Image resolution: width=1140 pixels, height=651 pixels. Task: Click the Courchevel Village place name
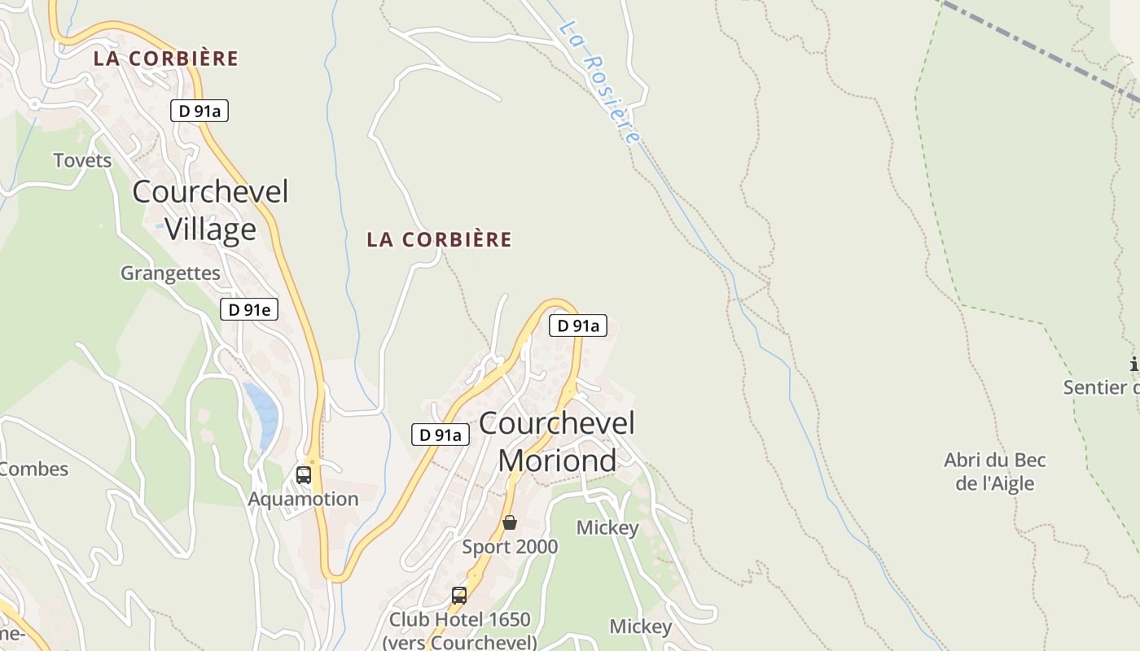pyautogui.click(x=210, y=210)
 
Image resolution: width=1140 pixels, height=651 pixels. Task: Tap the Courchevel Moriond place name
pyautogui.click(x=557, y=442)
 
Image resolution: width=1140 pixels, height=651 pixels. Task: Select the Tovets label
pyautogui.click(x=82, y=160)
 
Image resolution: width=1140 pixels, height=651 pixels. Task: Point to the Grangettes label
pyautogui.click(x=170, y=273)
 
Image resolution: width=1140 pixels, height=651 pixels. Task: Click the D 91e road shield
pyautogui.click(x=249, y=309)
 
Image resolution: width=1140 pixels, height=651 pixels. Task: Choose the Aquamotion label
pyautogui.click(x=303, y=499)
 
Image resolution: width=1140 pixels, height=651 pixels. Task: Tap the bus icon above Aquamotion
pyautogui.click(x=304, y=474)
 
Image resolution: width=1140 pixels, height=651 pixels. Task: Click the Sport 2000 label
pyautogui.click(x=510, y=547)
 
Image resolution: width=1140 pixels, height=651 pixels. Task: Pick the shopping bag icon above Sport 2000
pyautogui.click(x=510, y=522)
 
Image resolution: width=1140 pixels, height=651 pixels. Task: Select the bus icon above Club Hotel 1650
pyautogui.click(x=459, y=595)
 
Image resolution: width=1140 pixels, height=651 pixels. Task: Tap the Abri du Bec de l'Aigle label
pyautogui.click(x=994, y=472)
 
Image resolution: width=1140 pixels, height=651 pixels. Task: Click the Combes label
pyautogui.click(x=34, y=469)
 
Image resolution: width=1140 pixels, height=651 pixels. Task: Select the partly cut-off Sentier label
pyautogui.click(x=1101, y=387)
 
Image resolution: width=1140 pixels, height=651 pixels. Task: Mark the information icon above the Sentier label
pyautogui.click(x=1133, y=364)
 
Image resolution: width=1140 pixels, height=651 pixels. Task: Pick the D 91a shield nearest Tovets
pyautogui.click(x=199, y=111)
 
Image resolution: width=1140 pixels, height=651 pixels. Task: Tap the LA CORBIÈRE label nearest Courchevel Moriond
pyautogui.click(x=439, y=239)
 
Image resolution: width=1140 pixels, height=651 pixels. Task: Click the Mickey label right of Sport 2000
pyautogui.click(x=607, y=527)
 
